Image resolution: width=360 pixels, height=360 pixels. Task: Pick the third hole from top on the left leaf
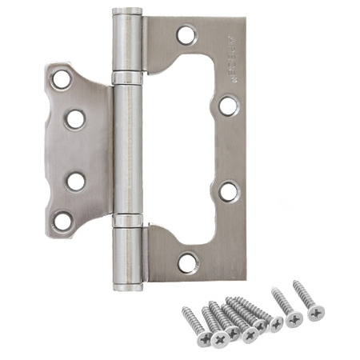pyautogui.click(x=76, y=181)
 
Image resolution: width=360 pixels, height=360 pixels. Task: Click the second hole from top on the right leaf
pyautogui.click(x=228, y=105)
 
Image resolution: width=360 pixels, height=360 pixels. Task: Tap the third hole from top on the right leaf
pyautogui.click(x=228, y=191)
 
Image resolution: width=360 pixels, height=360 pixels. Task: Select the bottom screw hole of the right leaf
pyautogui.click(x=186, y=261)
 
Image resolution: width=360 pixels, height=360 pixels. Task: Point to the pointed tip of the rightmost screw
pyautogui.click(x=296, y=282)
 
